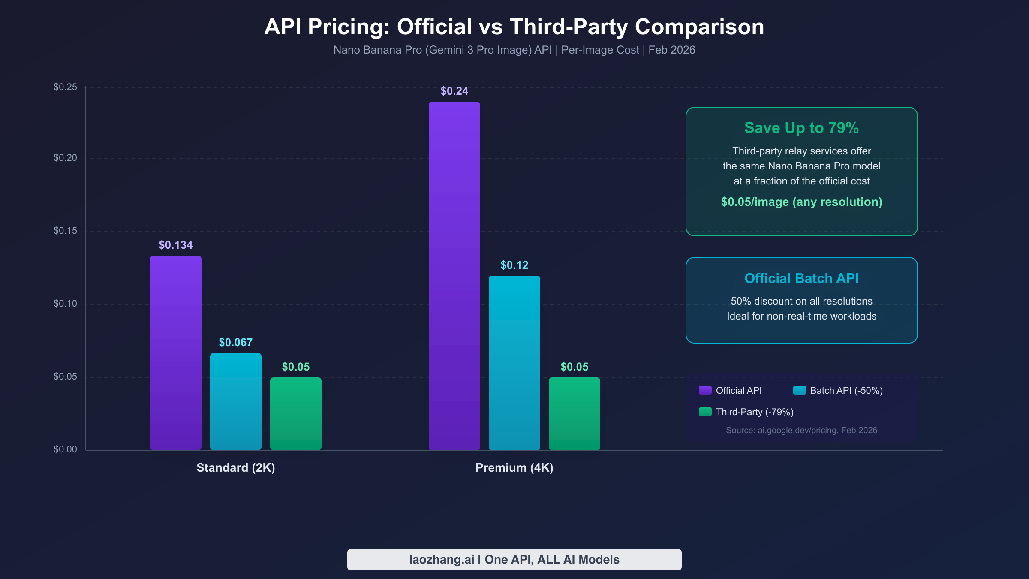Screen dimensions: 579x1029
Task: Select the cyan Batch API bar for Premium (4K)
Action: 514,363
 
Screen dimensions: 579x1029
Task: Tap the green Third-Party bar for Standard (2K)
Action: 296,413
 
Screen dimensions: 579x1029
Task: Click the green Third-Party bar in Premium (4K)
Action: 575,413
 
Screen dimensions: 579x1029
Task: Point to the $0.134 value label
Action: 176,245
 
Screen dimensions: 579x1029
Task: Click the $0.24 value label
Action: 454,91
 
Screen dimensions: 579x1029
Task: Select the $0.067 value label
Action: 236,342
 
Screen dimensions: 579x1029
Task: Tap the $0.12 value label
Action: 514,265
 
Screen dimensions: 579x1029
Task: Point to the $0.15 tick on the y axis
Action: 65,231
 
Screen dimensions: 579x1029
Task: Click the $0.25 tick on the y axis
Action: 65,87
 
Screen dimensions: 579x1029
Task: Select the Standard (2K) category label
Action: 236,467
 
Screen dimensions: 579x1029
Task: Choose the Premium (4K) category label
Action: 514,467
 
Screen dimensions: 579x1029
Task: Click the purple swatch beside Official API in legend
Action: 705,390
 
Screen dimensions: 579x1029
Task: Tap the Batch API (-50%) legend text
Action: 846,390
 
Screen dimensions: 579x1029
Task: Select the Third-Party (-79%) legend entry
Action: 755,412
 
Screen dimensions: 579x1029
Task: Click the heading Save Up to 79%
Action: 801,128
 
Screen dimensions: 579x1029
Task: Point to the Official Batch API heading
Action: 801,278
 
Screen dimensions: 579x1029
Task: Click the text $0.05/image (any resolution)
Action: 801,202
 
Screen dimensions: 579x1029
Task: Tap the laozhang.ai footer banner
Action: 514,559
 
